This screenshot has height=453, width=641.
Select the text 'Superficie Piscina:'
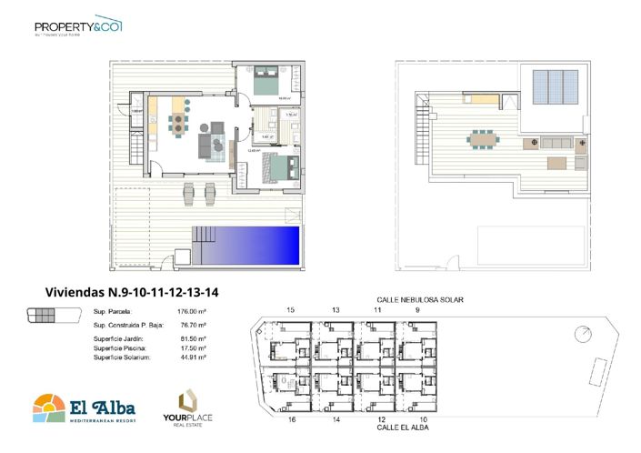click(x=118, y=348)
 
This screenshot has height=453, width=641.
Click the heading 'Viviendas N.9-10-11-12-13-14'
click(x=134, y=292)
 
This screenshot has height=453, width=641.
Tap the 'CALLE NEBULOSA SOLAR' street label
click(x=415, y=299)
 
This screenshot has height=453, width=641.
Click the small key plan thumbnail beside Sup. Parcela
click(x=43, y=315)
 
